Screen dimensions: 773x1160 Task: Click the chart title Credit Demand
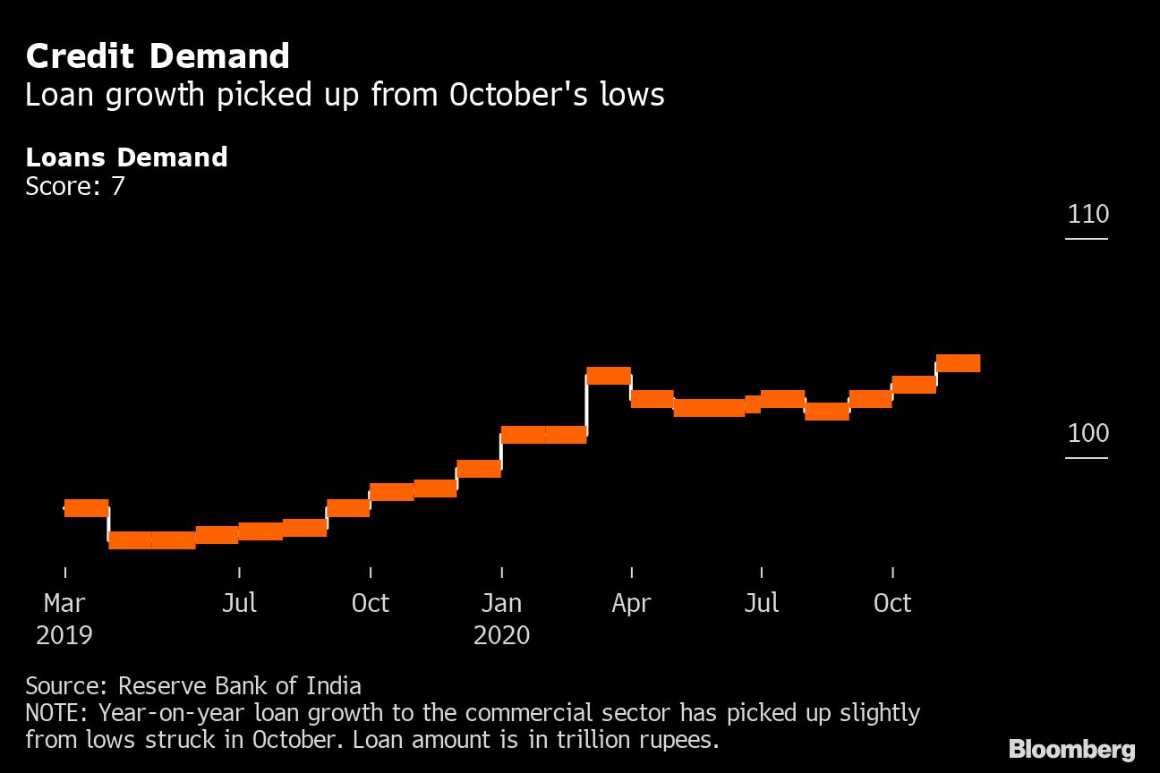158,56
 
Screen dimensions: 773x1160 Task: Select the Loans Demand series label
126,157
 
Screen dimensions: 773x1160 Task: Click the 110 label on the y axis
1087,215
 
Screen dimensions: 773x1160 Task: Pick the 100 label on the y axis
1087,434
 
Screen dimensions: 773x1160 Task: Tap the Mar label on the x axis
64,603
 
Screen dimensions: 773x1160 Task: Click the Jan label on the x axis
501,603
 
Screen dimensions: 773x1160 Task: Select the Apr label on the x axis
631,603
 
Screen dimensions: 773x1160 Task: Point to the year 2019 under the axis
64,635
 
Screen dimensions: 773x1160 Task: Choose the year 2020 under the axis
501,635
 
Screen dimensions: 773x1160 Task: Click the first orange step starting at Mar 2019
86,508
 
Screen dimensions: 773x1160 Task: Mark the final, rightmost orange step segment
958,363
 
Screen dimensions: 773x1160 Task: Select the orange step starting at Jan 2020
523,435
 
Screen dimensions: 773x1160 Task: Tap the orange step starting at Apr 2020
652,399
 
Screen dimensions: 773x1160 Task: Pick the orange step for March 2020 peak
609,376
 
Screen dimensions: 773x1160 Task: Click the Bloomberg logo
1071,749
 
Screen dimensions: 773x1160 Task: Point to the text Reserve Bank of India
240,686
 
